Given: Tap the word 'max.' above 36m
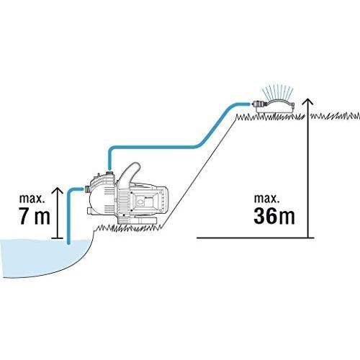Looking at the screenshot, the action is coord(266,199).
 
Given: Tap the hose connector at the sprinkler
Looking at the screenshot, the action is coord(257,104).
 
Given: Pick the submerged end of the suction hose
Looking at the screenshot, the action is coord(69,243).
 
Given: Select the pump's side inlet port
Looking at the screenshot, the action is coord(87,189).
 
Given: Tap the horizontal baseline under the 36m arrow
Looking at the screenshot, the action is coord(256,238).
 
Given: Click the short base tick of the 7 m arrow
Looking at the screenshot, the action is coord(58,238).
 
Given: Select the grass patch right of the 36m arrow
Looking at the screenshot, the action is coord(336,116).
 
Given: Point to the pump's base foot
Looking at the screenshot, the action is coord(138,220).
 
